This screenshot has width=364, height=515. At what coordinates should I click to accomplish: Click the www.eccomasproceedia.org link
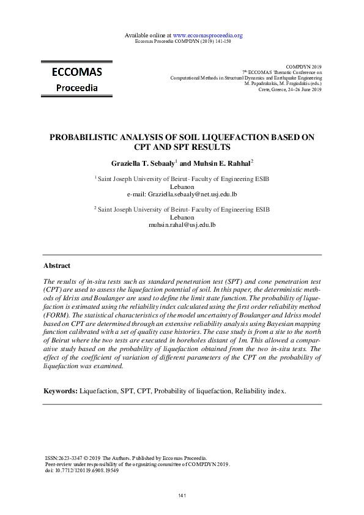(208, 35)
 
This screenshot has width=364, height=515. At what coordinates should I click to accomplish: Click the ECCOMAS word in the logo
(77, 72)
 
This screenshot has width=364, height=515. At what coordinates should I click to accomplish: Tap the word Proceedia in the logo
(77, 87)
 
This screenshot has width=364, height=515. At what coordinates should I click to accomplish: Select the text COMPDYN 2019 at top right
(303, 66)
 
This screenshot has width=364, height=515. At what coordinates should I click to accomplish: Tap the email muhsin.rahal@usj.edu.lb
(182, 225)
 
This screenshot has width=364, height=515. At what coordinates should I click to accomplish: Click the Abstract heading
(57, 266)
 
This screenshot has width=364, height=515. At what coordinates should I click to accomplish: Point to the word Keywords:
(61, 390)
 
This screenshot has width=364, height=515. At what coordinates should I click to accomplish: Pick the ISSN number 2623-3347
(69, 458)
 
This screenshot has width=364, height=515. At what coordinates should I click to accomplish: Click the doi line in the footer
(82, 470)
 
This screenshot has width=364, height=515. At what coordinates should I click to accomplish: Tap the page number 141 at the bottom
(182, 495)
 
